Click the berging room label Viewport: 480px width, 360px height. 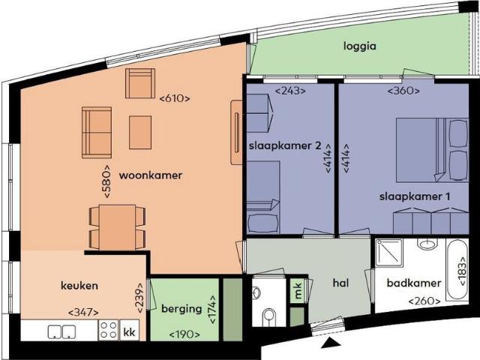tap(181, 308)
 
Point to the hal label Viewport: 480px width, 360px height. tap(342, 283)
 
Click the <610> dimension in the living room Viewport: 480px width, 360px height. tap(175, 98)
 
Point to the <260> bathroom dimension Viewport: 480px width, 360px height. tap(424, 301)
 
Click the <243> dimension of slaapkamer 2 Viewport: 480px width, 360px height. tap(289, 91)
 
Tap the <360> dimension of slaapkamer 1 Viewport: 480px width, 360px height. tap(403, 91)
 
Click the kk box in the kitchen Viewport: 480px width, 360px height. tap(129, 331)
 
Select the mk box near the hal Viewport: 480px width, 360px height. tap(297, 289)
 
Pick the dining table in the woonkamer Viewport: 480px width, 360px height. tap(117, 226)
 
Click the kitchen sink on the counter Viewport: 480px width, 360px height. tap(60, 331)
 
